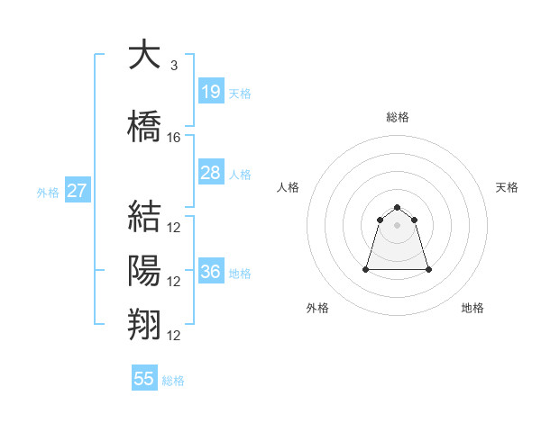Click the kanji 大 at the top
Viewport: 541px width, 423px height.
click(x=144, y=53)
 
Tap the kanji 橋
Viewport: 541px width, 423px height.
click(x=144, y=126)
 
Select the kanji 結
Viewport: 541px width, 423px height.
click(x=144, y=216)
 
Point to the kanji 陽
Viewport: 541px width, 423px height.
click(x=144, y=270)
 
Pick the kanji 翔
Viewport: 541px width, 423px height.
click(x=144, y=325)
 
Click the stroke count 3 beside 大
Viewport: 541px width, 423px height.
click(x=174, y=66)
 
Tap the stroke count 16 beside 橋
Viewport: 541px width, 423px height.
click(x=173, y=138)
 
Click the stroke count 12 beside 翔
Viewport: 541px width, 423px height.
click(x=173, y=336)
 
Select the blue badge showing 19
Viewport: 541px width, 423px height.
click(x=212, y=91)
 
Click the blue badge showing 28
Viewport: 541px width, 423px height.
click(x=212, y=172)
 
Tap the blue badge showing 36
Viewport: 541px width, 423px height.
click(x=212, y=270)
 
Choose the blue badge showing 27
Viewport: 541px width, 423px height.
click(x=78, y=190)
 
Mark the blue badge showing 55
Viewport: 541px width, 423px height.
click(x=144, y=377)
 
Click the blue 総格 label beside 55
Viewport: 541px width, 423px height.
click(x=173, y=381)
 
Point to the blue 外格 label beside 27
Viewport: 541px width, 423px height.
click(x=48, y=193)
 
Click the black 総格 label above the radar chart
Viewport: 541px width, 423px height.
click(x=398, y=117)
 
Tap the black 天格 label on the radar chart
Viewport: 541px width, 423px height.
click(x=507, y=187)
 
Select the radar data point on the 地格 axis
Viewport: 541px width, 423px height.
click(x=428, y=269)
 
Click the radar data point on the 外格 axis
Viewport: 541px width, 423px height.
click(x=366, y=269)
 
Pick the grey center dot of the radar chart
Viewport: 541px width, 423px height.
click(x=397, y=225)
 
